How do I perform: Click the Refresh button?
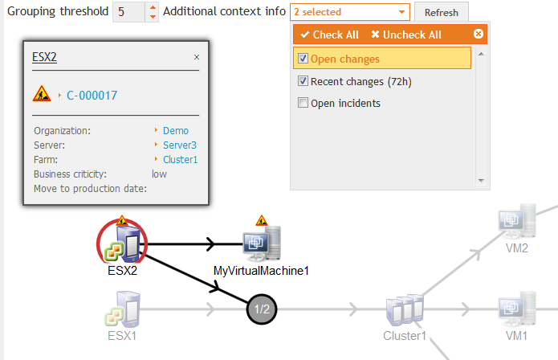coord(442,13)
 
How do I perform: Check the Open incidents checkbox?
coord(303,103)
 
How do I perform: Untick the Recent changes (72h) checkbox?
coord(303,81)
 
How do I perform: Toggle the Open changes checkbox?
coord(303,59)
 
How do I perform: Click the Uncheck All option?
coord(406,35)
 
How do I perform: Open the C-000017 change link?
coord(92,95)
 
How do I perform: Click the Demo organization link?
coord(175,130)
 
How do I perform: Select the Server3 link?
coord(179,145)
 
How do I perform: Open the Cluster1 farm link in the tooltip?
coord(180,159)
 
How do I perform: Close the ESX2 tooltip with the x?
coord(197,57)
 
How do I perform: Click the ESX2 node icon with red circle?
coord(122,243)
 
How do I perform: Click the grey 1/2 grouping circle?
coord(262,309)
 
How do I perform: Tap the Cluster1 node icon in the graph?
coord(404,309)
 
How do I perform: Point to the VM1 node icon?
coord(516,309)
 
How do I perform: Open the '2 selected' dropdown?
coord(350,12)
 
